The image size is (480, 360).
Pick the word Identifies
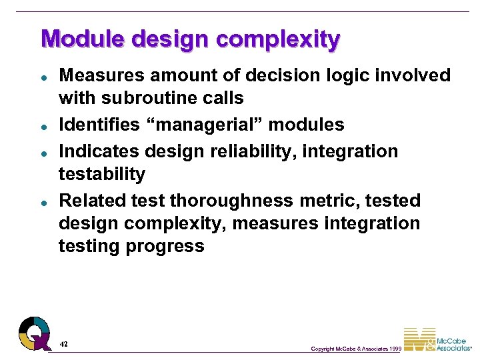pos(97,125)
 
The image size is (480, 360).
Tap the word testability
pos(102,174)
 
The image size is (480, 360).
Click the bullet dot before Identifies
pos(43,125)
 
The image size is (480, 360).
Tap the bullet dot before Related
pos(43,201)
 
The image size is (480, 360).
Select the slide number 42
pos(63,344)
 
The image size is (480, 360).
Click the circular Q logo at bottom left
pos(34,333)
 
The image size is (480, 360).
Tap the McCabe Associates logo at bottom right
pos(437,340)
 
